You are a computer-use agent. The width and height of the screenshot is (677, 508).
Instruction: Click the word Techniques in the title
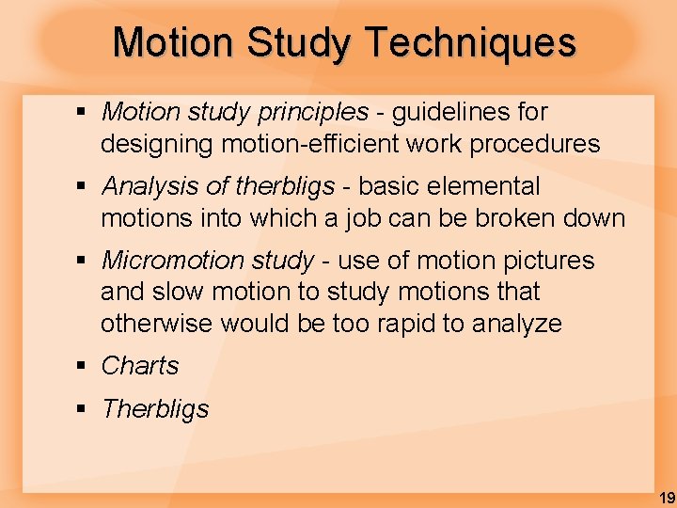(x=469, y=42)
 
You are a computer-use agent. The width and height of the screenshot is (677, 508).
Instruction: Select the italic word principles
(x=316, y=113)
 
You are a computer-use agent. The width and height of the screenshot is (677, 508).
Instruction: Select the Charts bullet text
(x=140, y=366)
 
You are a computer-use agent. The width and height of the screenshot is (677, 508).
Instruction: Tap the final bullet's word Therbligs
(x=155, y=409)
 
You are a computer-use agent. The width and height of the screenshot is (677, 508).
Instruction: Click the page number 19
(x=666, y=498)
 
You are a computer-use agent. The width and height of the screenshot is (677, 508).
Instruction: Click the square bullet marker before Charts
(x=82, y=366)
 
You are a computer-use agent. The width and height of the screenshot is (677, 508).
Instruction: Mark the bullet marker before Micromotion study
(x=82, y=261)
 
